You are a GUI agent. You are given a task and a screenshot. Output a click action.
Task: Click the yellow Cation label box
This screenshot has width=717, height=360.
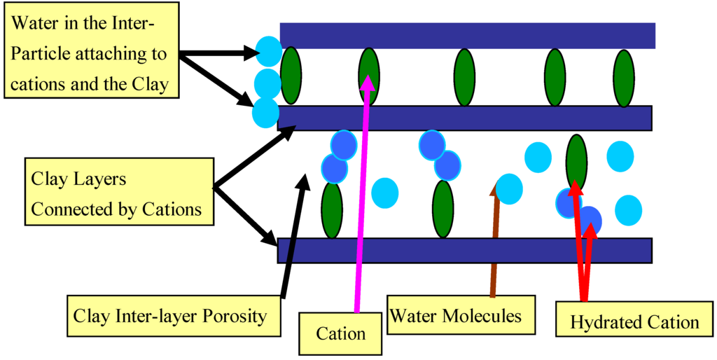pos(341,333)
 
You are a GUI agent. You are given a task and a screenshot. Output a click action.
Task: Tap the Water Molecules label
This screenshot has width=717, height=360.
pos(456,315)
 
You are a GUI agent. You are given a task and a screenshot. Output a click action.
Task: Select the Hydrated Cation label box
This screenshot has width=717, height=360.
pos(634,322)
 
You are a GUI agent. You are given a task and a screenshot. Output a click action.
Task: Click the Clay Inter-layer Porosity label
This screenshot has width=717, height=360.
pos(170,315)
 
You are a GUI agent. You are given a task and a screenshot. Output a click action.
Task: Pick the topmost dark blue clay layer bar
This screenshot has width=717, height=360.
pos(467,35)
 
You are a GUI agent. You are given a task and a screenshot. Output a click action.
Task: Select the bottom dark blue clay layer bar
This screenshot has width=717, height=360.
pos(464,250)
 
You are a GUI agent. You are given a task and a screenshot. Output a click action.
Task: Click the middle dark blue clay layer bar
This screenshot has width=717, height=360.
pos(464,118)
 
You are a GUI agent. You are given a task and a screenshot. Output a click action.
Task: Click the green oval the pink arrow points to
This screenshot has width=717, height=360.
pos(369,77)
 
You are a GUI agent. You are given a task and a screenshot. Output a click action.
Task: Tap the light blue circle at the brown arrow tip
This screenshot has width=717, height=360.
pos(508,189)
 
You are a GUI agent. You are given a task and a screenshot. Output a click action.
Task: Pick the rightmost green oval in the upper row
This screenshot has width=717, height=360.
pos(624,78)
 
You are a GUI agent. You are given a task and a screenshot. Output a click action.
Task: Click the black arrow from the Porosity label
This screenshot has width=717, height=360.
pos(293,238)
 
